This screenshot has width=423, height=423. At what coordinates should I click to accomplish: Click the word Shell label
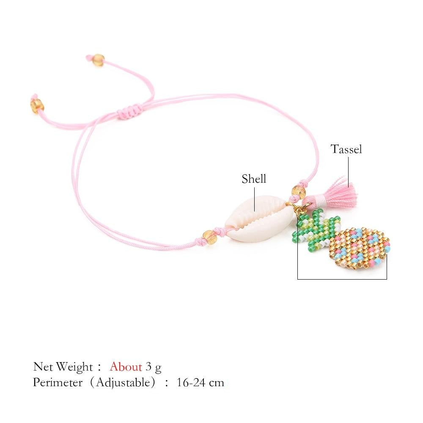pos(254,179)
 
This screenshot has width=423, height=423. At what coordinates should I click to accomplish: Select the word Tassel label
pos(346,149)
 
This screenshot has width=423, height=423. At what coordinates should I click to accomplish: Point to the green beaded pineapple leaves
pos(316,229)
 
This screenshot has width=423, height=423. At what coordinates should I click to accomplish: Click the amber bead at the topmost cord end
pos(98,60)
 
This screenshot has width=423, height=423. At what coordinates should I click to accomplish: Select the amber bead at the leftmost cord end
pos(37,105)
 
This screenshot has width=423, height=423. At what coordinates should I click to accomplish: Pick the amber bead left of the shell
pos(209,237)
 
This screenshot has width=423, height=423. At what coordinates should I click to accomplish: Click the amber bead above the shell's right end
pos(299,191)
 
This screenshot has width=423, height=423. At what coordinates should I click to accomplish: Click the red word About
pos(126,367)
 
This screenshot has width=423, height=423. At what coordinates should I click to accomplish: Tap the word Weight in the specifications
pos(74,367)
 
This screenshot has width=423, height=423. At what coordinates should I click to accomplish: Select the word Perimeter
pos(58,382)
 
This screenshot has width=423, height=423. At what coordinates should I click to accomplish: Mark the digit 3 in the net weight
pos(148,367)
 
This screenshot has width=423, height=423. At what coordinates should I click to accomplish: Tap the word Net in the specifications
pos(43,367)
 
